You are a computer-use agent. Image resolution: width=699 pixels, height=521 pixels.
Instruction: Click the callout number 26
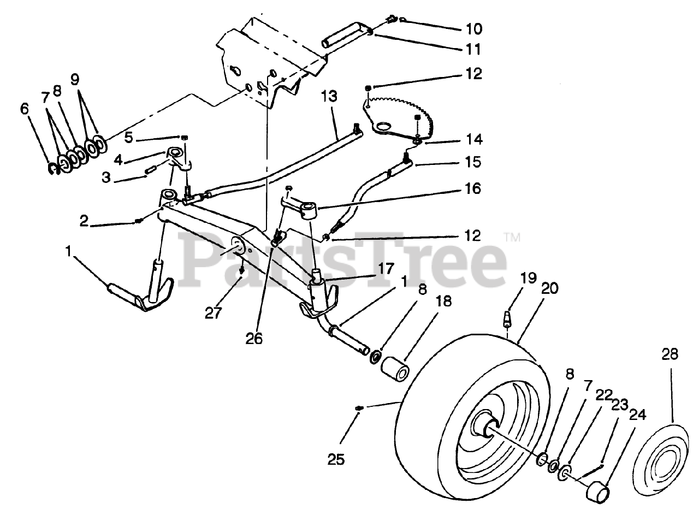click(254, 339)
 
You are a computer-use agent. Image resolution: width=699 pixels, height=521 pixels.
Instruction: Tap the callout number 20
click(550, 288)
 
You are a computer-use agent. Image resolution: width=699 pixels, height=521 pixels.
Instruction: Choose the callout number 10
click(474, 28)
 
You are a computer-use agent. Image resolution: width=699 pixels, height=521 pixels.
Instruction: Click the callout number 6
click(24, 109)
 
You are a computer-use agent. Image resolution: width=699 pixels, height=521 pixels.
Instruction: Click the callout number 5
click(128, 137)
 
